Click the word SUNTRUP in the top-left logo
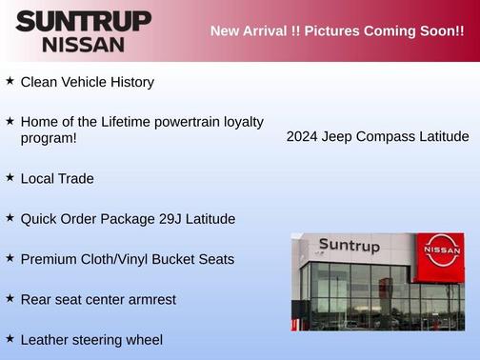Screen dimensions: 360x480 click(83, 21)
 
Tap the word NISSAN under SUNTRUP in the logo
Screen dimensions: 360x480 click(83, 44)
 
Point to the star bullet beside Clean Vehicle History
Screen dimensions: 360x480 click(10, 81)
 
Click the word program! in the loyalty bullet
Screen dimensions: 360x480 click(48, 138)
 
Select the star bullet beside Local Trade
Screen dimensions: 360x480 click(10, 177)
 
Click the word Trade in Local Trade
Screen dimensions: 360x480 click(75, 178)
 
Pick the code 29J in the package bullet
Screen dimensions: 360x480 click(169, 219)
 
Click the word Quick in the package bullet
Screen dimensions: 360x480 click(39, 219)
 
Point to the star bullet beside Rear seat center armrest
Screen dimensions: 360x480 click(10, 298)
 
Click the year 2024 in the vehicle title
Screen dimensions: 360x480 click(303, 137)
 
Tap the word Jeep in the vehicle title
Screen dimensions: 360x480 click(340, 137)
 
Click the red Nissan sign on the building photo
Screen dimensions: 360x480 click(441, 250)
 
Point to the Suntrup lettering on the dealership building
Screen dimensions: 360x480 click(349, 246)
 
